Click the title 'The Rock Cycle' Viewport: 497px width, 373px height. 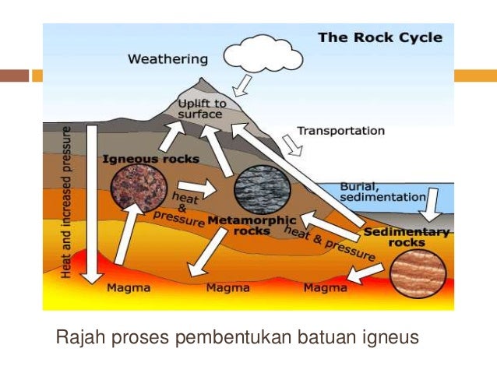click(x=379, y=37)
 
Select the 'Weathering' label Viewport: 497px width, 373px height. click(x=167, y=58)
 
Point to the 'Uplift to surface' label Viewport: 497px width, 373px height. click(x=202, y=109)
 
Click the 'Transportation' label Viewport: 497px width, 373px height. click(x=340, y=131)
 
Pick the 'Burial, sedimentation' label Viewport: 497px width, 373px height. click(x=382, y=192)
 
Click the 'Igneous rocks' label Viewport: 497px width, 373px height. click(x=150, y=159)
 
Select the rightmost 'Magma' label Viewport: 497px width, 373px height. click(x=325, y=288)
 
